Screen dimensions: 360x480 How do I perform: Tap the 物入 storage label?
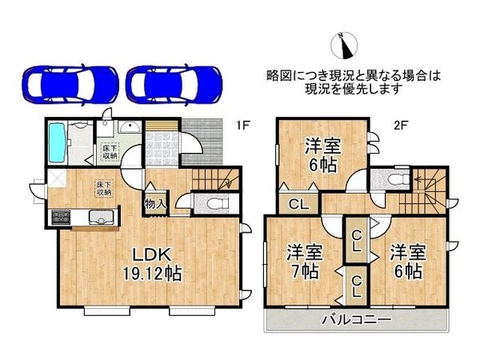click(x=155, y=203)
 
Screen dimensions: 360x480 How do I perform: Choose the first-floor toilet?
click(x=212, y=205)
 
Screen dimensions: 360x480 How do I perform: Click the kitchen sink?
click(x=102, y=216)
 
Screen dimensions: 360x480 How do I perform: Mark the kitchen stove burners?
click(x=62, y=216)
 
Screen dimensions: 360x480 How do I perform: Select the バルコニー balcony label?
click(x=357, y=319)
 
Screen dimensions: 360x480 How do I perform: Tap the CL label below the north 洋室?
click(x=298, y=202)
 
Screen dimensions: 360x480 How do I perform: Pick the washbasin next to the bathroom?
click(x=128, y=128)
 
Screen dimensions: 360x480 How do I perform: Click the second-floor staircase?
click(x=429, y=189)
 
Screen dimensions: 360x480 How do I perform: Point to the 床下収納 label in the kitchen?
click(x=103, y=188)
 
